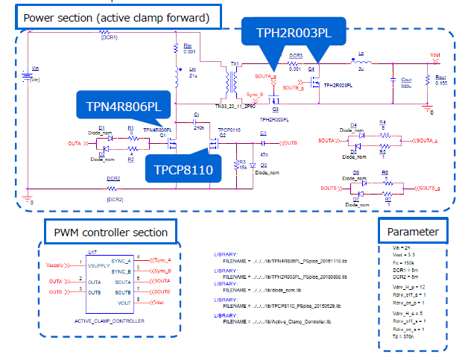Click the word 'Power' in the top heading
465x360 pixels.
pyautogui.click(x=40, y=16)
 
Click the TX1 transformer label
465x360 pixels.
pyautogui.click(x=235, y=63)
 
